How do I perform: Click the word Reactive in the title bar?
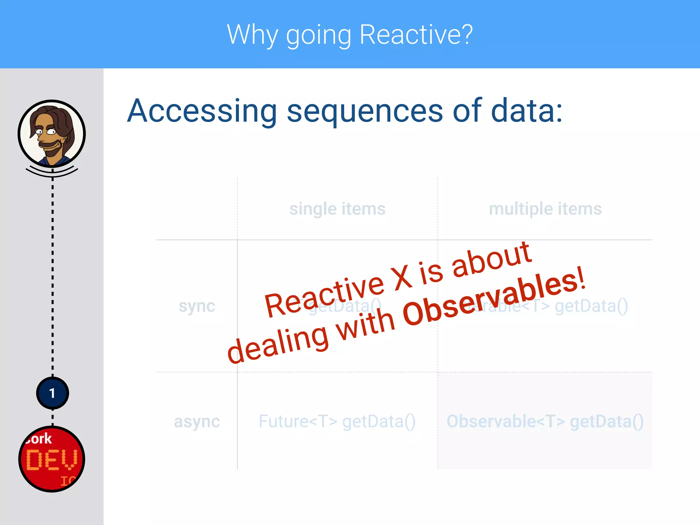point(416,35)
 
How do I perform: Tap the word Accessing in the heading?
point(202,111)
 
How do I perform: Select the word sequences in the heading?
point(365,111)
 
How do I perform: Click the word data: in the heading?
point(526,111)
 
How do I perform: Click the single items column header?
point(337,209)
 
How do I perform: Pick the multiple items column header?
point(545,209)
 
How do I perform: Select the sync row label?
point(197,306)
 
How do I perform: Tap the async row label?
point(197,421)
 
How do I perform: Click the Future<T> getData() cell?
point(337,421)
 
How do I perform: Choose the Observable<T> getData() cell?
point(545,421)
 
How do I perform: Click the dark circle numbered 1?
point(52,393)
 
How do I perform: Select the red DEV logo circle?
point(52,459)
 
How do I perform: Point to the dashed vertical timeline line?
point(53,273)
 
